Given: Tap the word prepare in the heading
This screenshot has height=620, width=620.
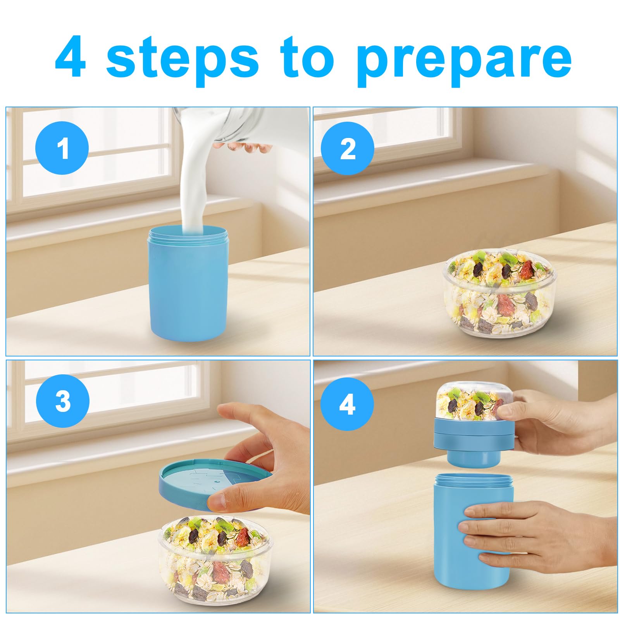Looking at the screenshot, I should pyautogui.click(x=463, y=60).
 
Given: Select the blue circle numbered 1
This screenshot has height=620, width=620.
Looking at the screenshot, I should pyautogui.click(x=62, y=148).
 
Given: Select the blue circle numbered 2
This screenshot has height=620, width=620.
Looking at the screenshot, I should pyautogui.click(x=348, y=148).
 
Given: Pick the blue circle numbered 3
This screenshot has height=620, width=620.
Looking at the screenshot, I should pyautogui.click(x=63, y=401).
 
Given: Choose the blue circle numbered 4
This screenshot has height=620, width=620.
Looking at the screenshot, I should pyautogui.click(x=347, y=405).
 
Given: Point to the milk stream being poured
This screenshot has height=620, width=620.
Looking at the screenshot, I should pyautogui.click(x=196, y=182).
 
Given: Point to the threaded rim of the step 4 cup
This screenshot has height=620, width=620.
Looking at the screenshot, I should pyautogui.click(x=474, y=480).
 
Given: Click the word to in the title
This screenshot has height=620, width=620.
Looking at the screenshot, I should pyautogui.click(x=309, y=58).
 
